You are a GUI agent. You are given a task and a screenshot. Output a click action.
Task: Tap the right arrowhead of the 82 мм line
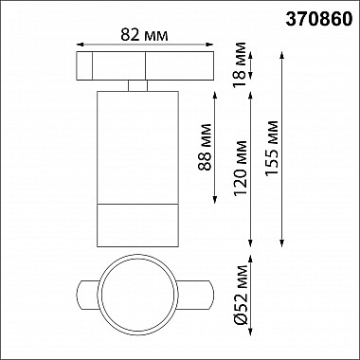point(201,44)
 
